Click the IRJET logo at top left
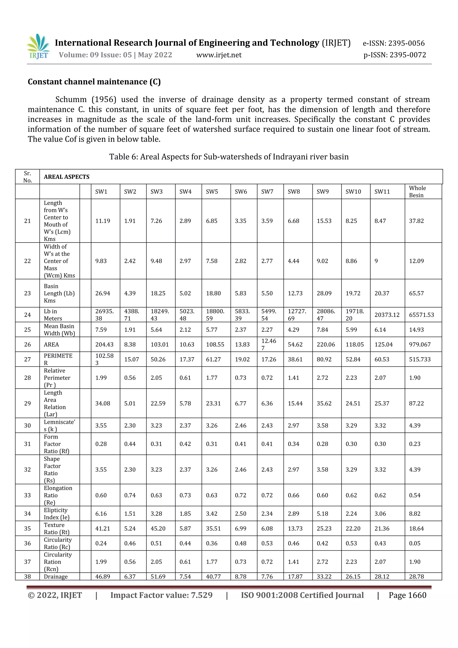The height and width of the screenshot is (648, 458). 39,46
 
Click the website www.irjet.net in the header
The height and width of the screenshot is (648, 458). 219,55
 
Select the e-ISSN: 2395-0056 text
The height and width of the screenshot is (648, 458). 393,43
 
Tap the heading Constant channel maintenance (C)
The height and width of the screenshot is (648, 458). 94,82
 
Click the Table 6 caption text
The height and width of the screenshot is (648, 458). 229,157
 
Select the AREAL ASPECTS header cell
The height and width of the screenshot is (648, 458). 67,177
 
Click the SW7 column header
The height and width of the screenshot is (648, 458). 267,192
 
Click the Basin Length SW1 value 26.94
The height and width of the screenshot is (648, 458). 103,294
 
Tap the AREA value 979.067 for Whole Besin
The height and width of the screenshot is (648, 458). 420,345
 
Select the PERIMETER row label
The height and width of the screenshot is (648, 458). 58,359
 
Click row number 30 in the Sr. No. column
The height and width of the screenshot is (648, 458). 27,426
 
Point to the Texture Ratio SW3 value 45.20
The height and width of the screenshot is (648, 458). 158,529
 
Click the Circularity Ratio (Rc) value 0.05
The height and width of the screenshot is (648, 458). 415,543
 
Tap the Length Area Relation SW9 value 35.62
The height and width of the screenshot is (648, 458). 324,404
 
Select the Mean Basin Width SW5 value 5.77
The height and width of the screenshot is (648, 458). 212,330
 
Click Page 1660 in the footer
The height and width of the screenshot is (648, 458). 407,595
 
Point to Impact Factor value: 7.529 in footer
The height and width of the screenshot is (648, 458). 161,595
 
